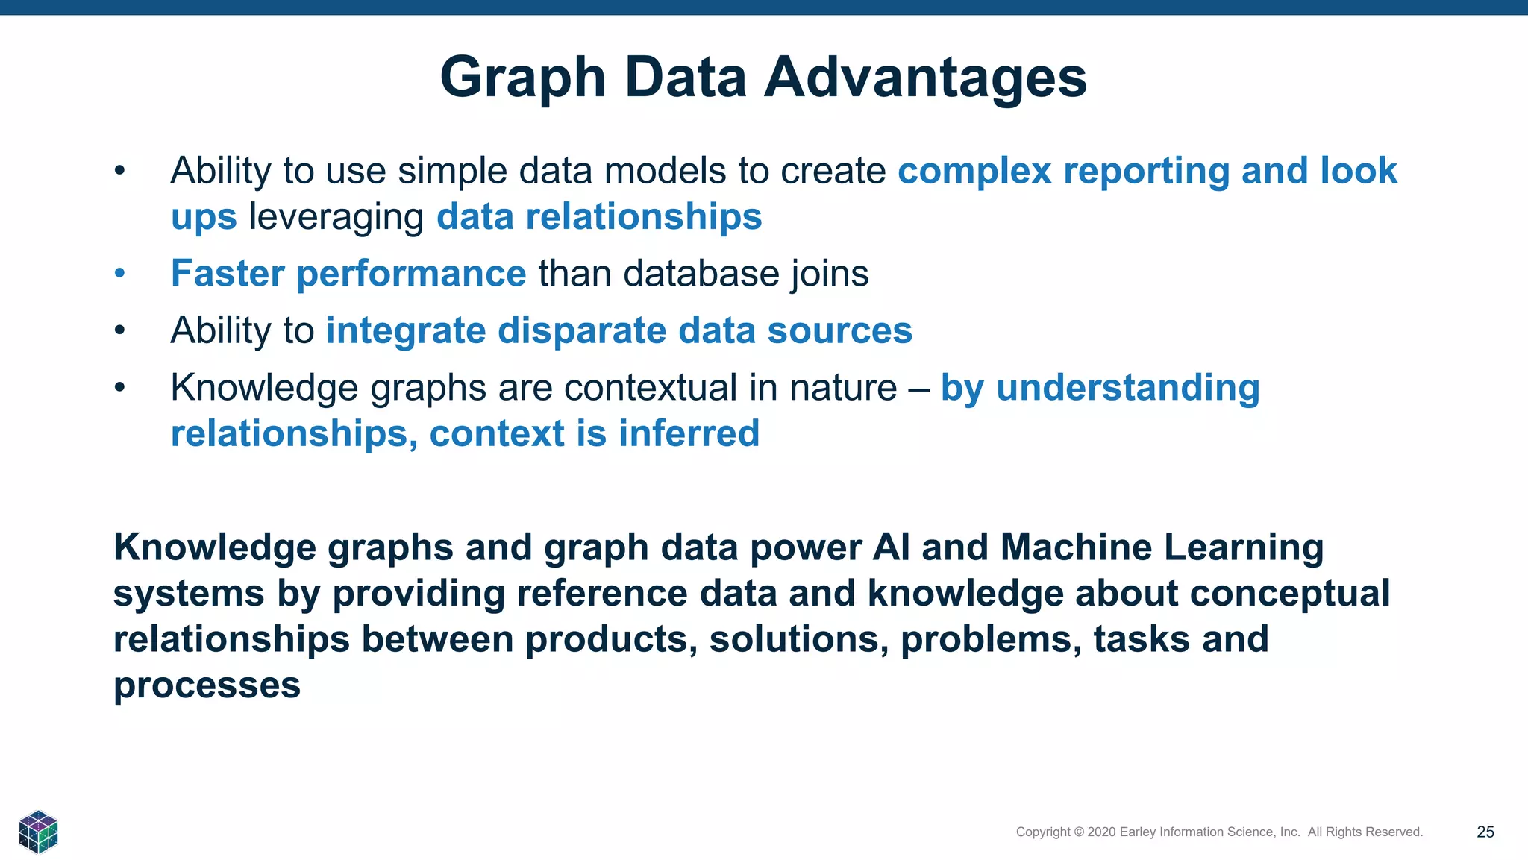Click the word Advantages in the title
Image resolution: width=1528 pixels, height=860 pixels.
[x=925, y=78]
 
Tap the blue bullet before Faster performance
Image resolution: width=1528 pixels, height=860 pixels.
[x=119, y=274]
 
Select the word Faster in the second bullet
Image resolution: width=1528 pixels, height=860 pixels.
[x=228, y=274]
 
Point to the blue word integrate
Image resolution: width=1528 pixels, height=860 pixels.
[x=405, y=330]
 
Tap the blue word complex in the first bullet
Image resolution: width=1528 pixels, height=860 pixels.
[x=974, y=172]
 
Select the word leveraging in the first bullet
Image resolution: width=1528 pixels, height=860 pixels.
[x=336, y=218]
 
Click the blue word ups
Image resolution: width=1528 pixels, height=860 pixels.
[x=204, y=218]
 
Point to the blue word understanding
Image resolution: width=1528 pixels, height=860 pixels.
[x=1127, y=388]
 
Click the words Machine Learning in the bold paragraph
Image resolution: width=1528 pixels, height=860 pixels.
[x=1162, y=547]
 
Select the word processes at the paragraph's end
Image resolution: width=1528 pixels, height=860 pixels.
[x=207, y=685]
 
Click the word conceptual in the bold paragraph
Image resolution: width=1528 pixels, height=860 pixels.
[x=1289, y=594]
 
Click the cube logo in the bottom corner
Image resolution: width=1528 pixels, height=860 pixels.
[x=38, y=831]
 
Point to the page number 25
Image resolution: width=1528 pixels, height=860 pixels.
[x=1485, y=832]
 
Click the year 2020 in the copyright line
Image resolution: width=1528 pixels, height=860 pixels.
[x=1101, y=832]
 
